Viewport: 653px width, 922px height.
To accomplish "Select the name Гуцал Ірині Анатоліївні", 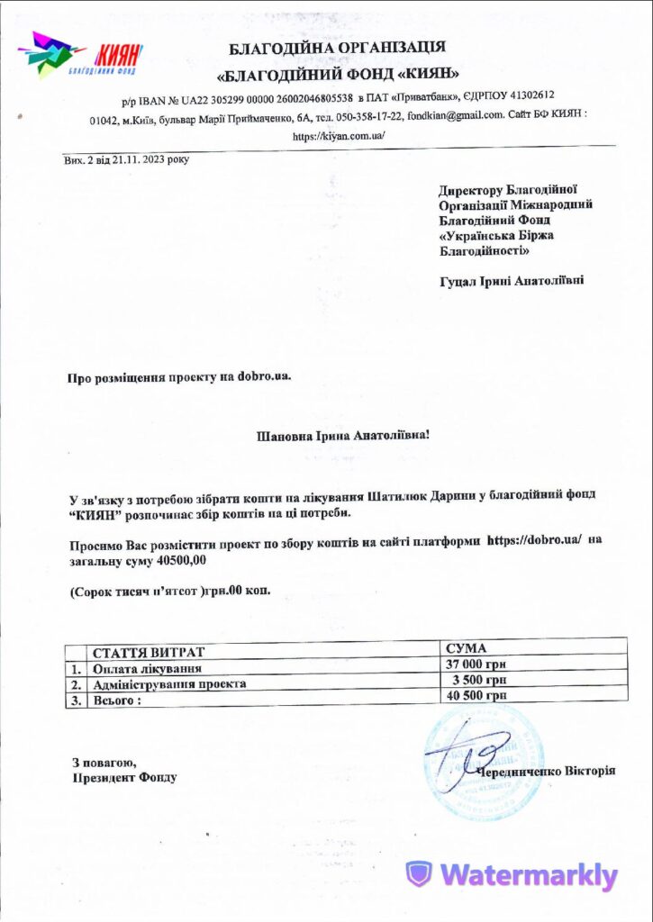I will [510, 281].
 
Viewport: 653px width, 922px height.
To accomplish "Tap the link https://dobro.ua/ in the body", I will [539, 539].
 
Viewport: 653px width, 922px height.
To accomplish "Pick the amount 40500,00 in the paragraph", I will [181, 559].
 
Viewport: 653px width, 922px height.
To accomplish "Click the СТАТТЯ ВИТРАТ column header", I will [149, 652].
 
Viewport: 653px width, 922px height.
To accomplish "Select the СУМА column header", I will [467, 648].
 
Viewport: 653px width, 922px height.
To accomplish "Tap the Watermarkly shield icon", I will [419, 874].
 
